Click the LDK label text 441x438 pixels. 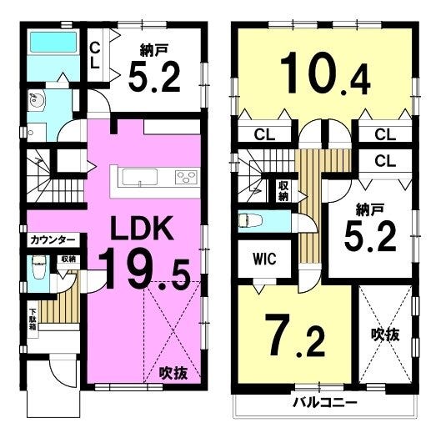(142, 228)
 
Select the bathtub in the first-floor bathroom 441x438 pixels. (53, 42)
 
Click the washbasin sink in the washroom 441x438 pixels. (36, 100)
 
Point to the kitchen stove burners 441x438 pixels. (186, 178)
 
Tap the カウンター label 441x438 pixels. (53, 240)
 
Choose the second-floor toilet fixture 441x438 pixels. (250, 220)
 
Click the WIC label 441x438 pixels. (264, 259)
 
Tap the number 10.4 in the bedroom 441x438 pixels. (325, 73)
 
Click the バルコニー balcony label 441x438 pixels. (324, 403)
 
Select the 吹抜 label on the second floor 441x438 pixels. (385, 335)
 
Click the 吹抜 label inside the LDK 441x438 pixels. (173, 373)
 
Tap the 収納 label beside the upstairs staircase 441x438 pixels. (283, 191)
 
